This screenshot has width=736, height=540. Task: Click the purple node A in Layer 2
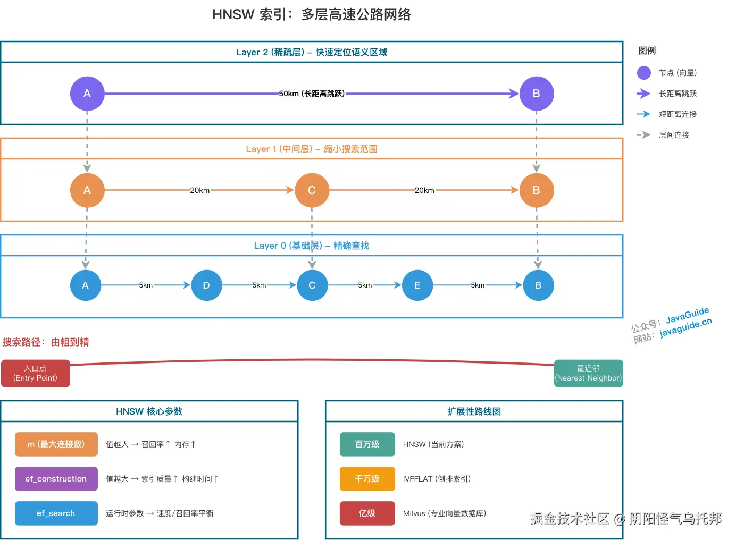click(x=87, y=94)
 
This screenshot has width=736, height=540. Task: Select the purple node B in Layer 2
click(x=536, y=94)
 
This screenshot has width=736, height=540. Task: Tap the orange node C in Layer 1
click(x=312, y=190)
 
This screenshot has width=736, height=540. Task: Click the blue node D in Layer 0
click(x=206, y=285)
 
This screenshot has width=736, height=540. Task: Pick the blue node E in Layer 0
click(x=417, y=285)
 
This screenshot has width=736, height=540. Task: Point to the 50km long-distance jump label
click(x=312, y=94)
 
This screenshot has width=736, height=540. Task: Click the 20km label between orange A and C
click(x=199, y=190)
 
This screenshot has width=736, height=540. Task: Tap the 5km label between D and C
click(x=259, y=285)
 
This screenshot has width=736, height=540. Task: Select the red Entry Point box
click(x=36, y=373)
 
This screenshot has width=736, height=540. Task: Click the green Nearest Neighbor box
click(x=588, y=373)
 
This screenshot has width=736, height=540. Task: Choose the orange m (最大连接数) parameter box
click(x=56, y=444)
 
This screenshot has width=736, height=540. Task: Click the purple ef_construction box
click(x=56, y=479)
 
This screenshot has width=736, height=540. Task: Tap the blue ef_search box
click(x=56, y=513)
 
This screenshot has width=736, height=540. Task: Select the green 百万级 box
click(x=367, y=444)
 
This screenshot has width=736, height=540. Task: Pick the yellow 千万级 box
click(x=367, y=479)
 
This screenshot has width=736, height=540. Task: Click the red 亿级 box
click(x=367, y=513)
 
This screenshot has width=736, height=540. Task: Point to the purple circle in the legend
click(x=643, y=73)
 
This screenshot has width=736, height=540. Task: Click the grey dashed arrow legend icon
click(x=643, y=135)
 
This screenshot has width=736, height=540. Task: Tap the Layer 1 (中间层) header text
click(x=312, y=149)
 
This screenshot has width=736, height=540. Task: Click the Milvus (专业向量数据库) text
click(x=444, y=513)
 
